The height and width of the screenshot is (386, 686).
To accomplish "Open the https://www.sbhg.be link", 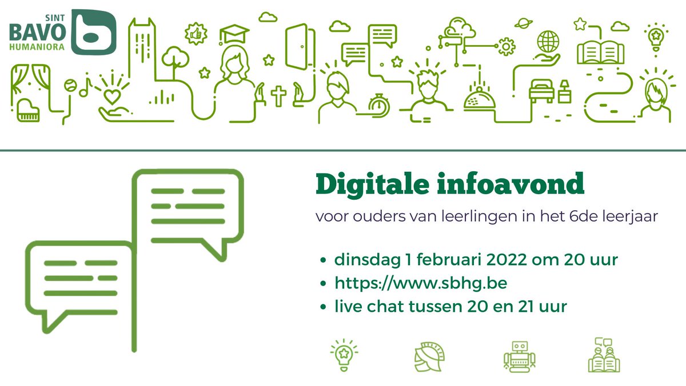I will (413, 283).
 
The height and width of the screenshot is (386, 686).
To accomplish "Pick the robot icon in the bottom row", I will (518, 356).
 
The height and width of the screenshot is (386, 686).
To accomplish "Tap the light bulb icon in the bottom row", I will (343, 354).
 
